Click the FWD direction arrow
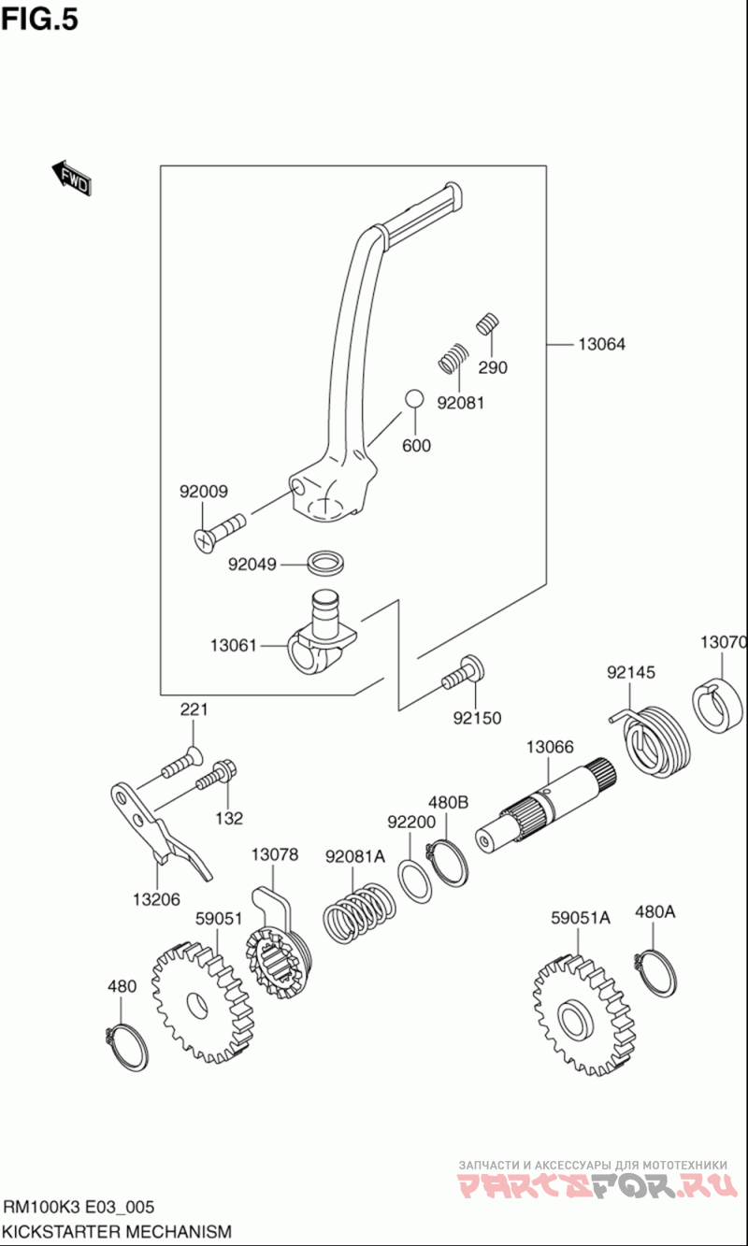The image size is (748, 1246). tap(71, 177)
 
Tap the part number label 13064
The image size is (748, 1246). tap(600, 344)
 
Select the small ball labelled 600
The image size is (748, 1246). tap(413, 399)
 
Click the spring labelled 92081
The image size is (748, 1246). tap(453, 357)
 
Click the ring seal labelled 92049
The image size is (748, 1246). tap(324, 563)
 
